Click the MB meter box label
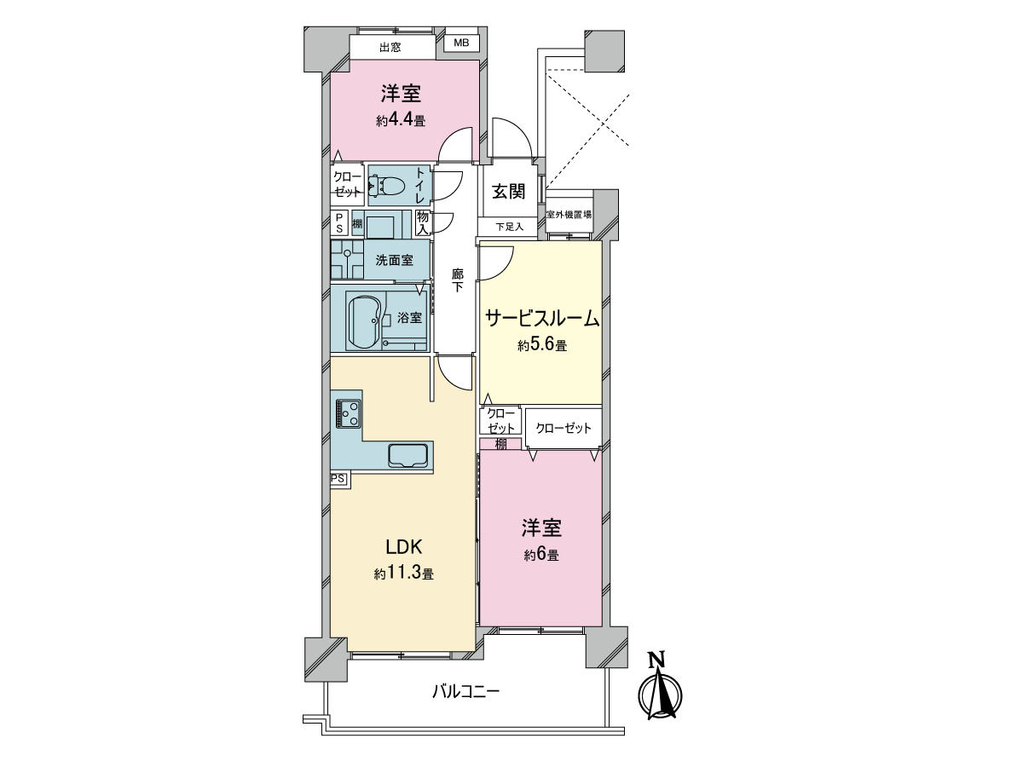(x=461, y=43)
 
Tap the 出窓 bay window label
(x=390, y=48)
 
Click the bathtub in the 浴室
(x=366, y=320)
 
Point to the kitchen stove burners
(x=348, y=413)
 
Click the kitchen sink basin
(x=408, y=455)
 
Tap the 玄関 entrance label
(x=508, y=191)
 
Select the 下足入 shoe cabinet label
(x=509, y=227)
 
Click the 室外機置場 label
(x=569, y=215)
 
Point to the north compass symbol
(x=660, y=686)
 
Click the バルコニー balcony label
(x=465, y=691)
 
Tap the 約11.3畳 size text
(x=403, y=574)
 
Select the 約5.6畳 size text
(x=542, y=345)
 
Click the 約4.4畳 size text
(x=401, y=121)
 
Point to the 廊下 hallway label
(x=458, y=280)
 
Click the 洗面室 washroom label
(x=395, y=260)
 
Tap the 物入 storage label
(x=423, y=222)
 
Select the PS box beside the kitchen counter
(x=340, y=479)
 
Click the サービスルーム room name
(x=542, y=319)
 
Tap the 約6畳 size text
(x=541, y=555)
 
